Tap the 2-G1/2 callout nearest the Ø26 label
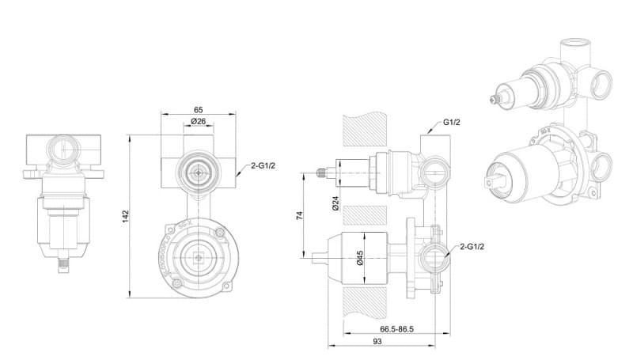coord(263,166)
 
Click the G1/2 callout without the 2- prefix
coord(451,123)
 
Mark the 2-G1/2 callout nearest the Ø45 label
coord(469,247)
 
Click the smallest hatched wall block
coord(365,214)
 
